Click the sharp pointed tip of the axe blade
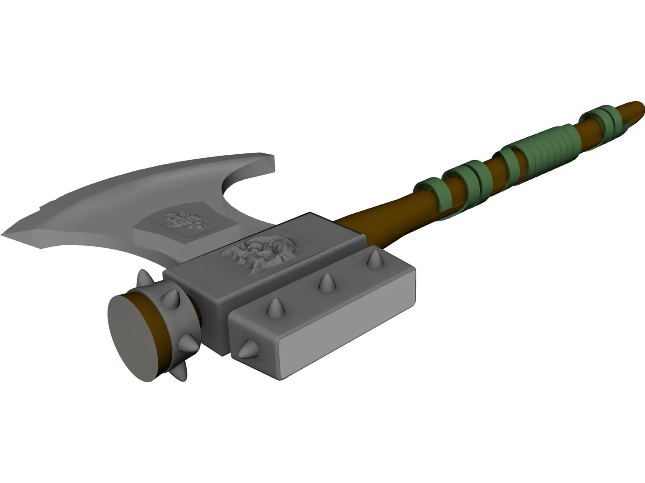pos(5,234)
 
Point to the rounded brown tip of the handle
pos(635,109)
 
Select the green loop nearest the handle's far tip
pos(601,119)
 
